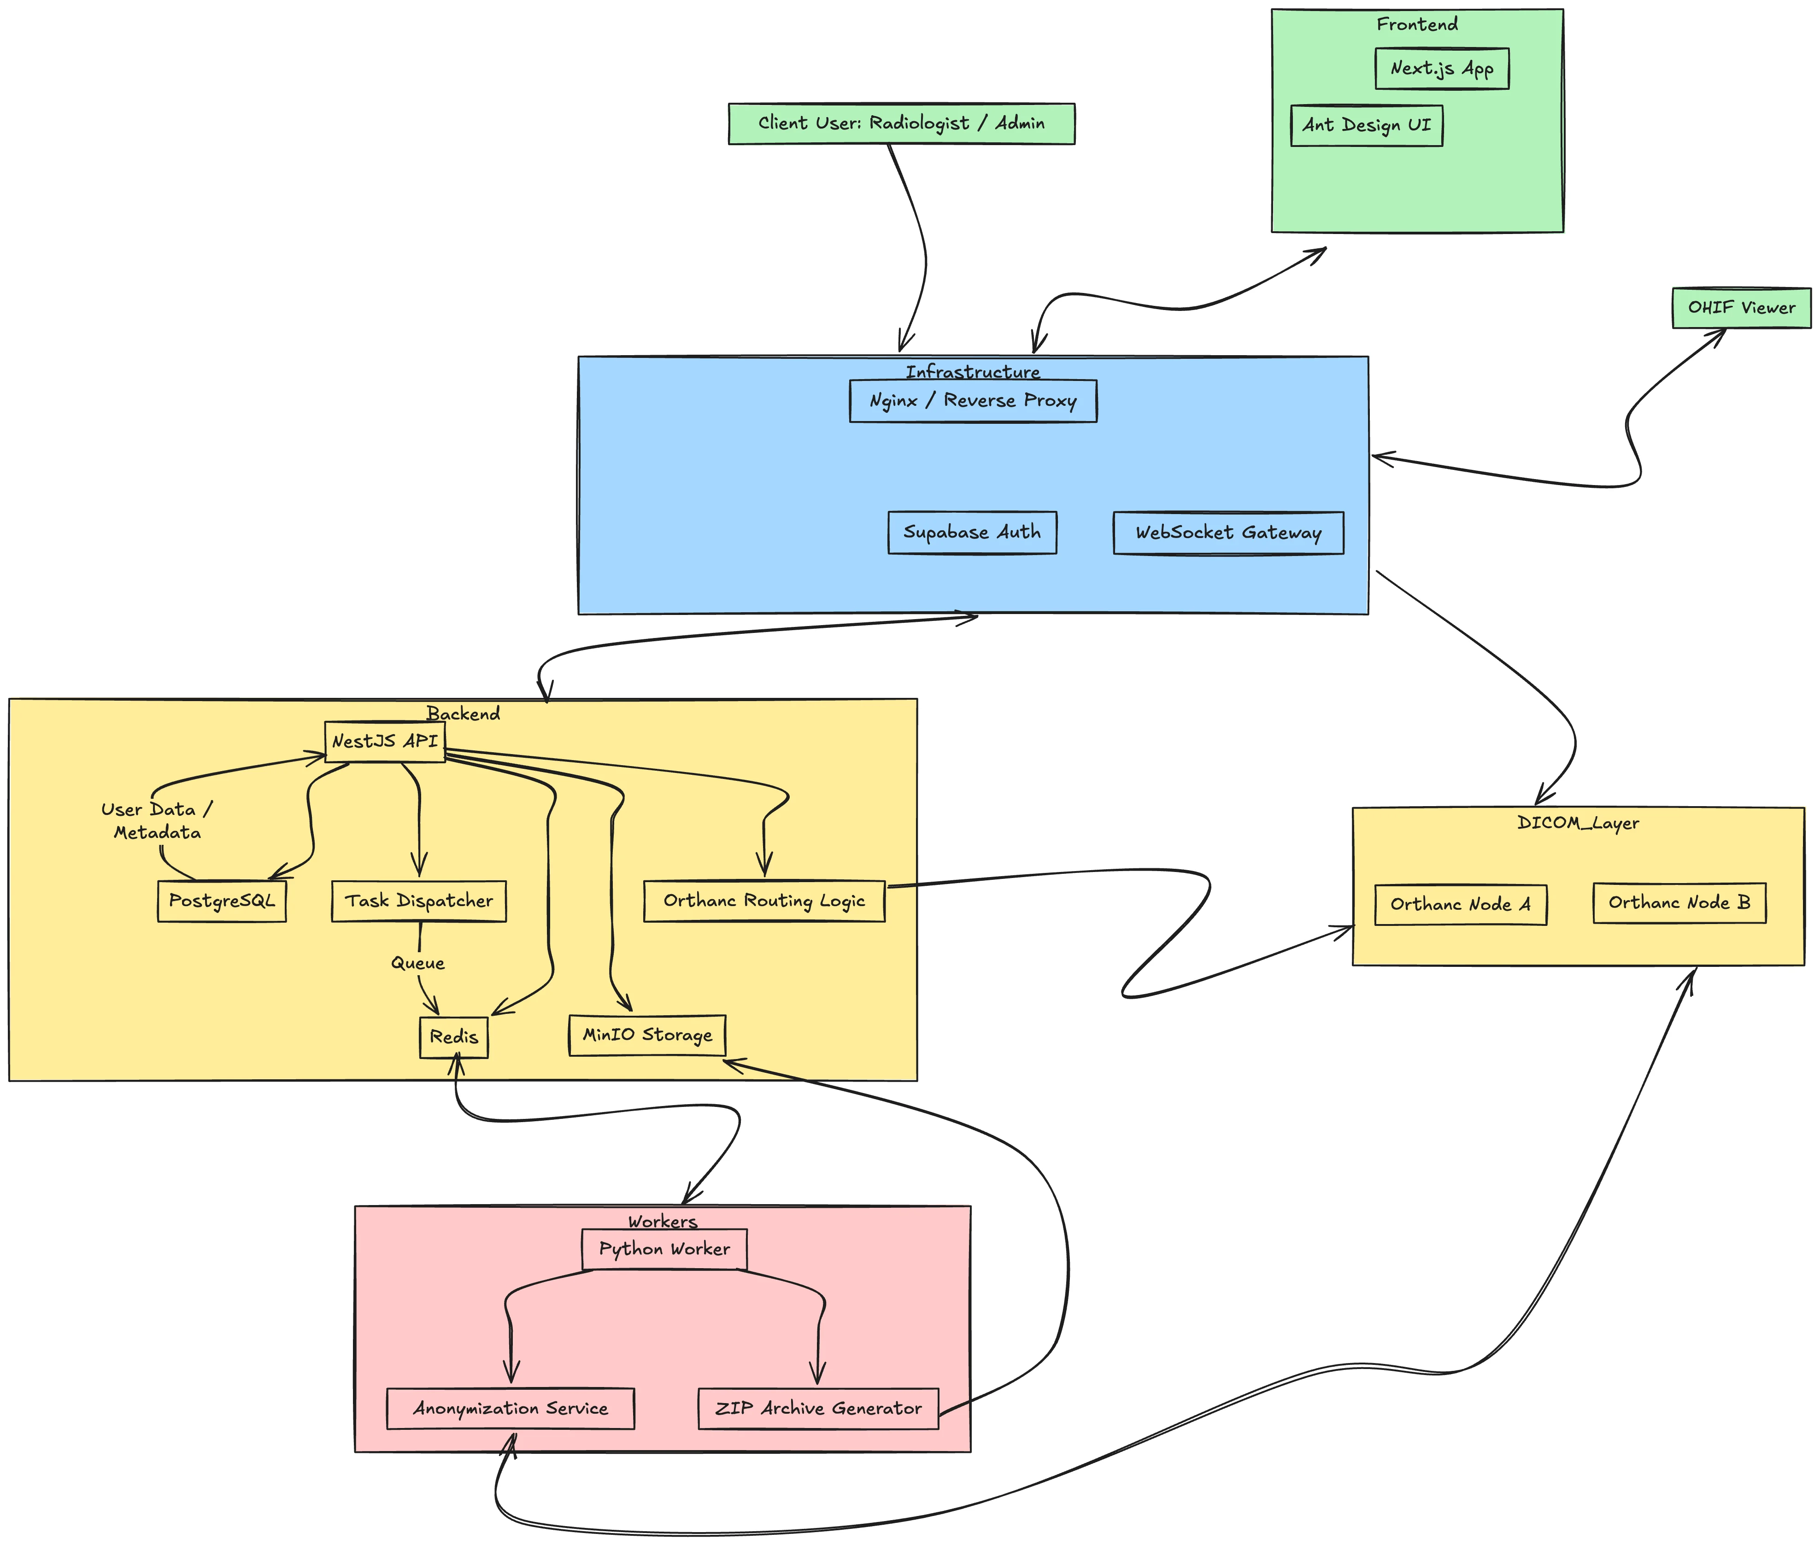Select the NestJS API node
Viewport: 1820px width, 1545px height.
(x=384, y=742)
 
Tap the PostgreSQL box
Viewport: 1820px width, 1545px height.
(x=222, y=901)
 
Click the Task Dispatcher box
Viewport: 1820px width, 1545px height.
(x=419, y=901)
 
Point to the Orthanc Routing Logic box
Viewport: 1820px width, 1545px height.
(x=764, y=901)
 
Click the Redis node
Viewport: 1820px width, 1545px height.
(x=454, y=1037)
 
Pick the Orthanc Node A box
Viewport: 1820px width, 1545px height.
(x=1460, y=905)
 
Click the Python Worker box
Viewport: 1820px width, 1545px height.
(x=664, y=1249)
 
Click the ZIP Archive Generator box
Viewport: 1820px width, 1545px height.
(x=817, y=1408)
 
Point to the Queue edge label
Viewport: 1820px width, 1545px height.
(x=418, y=963)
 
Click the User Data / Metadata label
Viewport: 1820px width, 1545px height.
(x=157, y=821)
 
